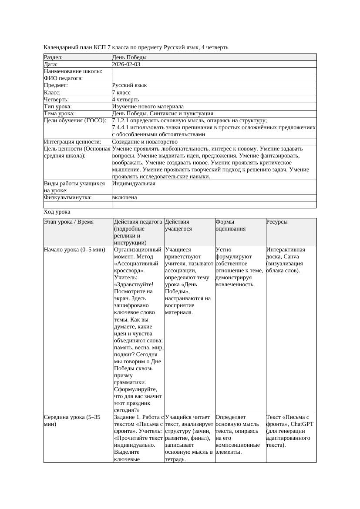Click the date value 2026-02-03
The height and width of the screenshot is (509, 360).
pos(126,64)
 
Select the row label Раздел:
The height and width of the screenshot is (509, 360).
pos(54,57)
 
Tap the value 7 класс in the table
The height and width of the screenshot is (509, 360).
pos(121,93)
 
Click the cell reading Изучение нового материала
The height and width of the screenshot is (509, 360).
pos(148,107)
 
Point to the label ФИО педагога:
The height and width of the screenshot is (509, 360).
pos(64,78)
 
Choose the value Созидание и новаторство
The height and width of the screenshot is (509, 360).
pos(145,142)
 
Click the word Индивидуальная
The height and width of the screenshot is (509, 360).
pos(133,184)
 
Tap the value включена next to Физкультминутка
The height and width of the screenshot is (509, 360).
pos(124,198)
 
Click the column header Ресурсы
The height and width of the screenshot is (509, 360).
pos(277,222)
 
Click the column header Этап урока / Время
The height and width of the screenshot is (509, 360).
pos(69,222)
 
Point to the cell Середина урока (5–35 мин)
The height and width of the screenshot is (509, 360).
pos(72,420)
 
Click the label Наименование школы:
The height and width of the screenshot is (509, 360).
pos(73,71)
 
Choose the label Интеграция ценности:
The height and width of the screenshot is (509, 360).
pos(72,142)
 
